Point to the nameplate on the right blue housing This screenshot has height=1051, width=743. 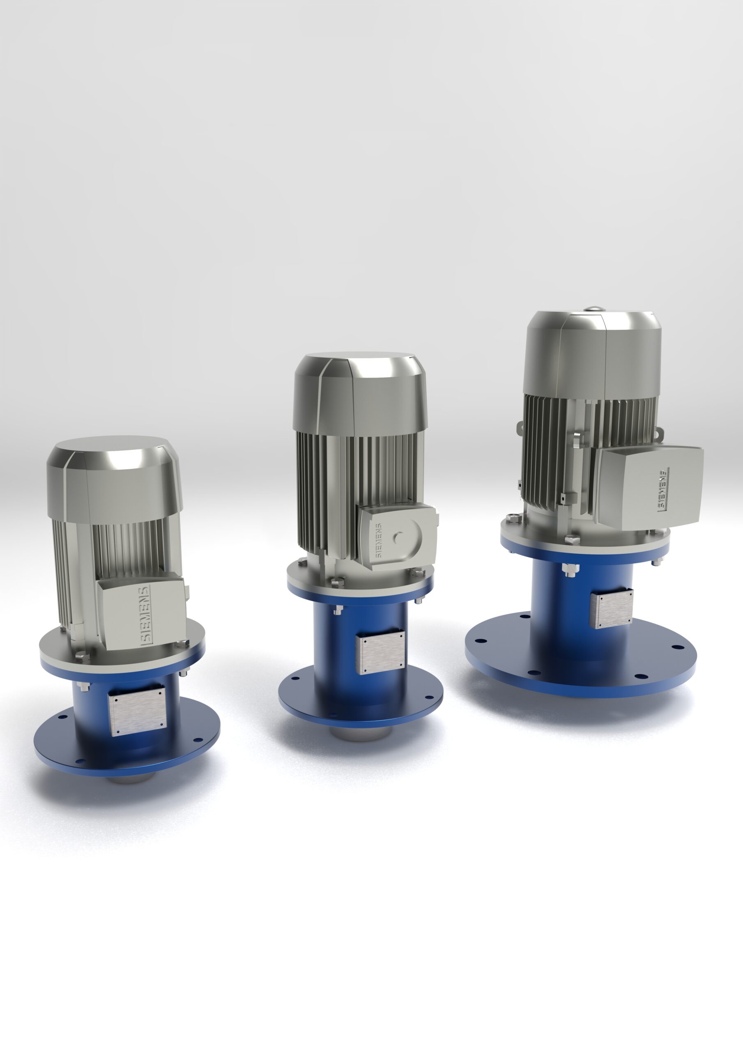click(x=612, y=609)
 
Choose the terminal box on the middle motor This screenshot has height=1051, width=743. click(x=398, y=536)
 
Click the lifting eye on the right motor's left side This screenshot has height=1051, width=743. click(x=521, y=427)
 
